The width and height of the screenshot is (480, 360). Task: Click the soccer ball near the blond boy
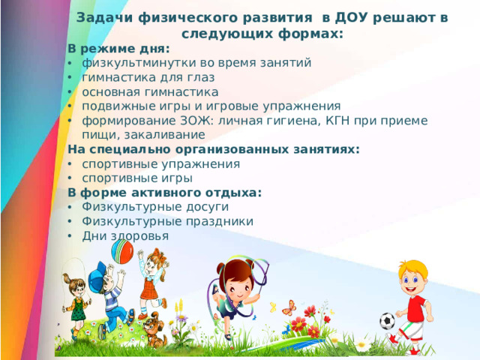386,322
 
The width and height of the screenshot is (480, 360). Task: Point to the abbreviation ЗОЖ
193,120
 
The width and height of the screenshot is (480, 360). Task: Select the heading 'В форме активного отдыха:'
164,192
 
